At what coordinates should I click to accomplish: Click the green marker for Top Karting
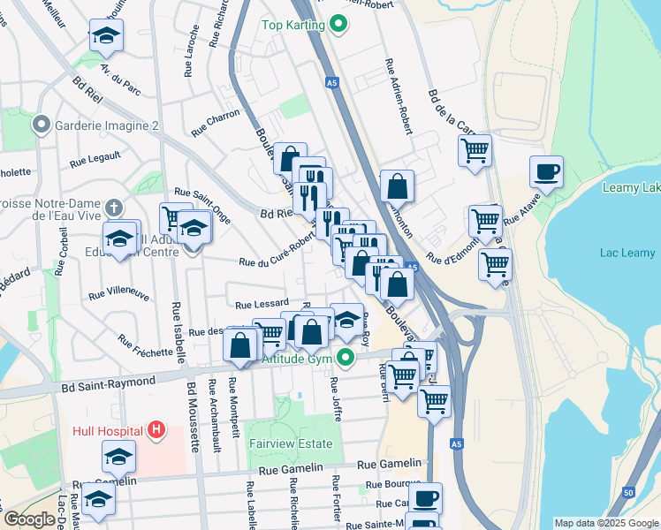pyautogui.click(x=336, y=24)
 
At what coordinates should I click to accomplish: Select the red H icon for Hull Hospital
pyautogui.click(x=156, y=431)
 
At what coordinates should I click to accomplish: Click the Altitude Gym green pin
pyautogui.click(x=346, y=359)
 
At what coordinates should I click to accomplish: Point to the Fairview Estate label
pyautogui.click(x=291, y=443)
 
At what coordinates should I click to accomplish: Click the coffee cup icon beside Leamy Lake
pyautogui.click(x=546, y=171)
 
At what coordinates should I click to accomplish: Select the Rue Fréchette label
pyautogui.click(x=143, y=346)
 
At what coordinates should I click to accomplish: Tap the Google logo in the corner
pyautogui.click(x=28, y=520)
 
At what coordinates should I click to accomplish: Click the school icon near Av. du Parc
pyautogui.click(x=106, y=36)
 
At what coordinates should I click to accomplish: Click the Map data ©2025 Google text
pyautogui.click(x=605, y=523)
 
